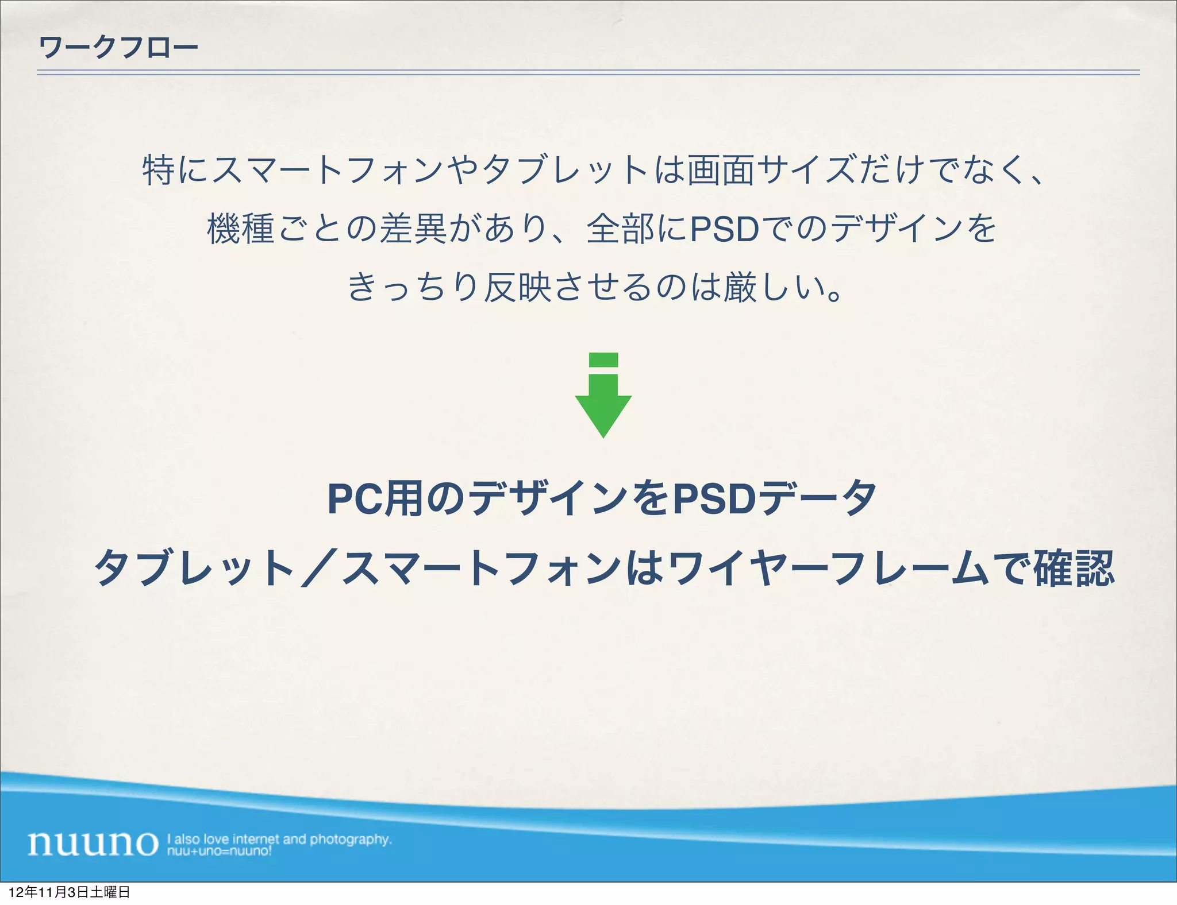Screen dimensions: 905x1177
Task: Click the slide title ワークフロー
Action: pos(118,47)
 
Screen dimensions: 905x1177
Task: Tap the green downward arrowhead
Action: pos(603,413)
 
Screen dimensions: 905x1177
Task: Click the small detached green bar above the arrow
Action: pos(603,359)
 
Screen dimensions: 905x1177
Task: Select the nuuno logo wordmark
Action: pos(93,843)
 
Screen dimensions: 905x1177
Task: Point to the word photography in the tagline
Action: pos(351,839)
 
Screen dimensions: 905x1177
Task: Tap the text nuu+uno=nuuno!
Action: pos(219,851)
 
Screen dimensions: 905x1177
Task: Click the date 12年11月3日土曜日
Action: pos(70,892)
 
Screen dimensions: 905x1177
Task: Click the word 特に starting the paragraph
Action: pos(176,170)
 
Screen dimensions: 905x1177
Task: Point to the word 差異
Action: pos(413,229)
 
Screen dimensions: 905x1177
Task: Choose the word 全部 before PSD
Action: pos(620,229)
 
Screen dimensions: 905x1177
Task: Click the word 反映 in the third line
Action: pos(518,287)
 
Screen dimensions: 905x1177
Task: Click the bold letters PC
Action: pos(355,499)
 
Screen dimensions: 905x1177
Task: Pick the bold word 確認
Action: pos(1074,568)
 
